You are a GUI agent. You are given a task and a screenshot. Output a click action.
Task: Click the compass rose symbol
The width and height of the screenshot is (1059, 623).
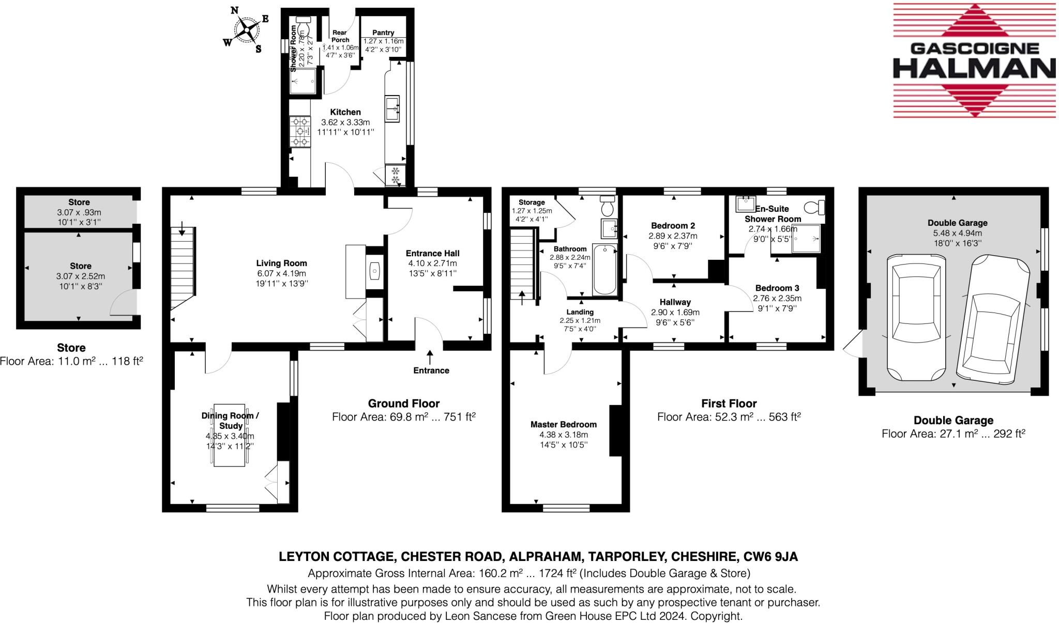[246, 29]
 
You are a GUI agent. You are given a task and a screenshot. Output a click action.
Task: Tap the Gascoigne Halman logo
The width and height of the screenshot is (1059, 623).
[974, 61]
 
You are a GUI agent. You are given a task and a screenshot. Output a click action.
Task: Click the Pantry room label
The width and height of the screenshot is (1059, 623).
[383, 33]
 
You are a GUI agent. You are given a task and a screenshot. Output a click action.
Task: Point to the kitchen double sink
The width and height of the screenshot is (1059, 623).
[392, 109]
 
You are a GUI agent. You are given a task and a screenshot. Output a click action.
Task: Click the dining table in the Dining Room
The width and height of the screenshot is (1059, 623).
[230, 435]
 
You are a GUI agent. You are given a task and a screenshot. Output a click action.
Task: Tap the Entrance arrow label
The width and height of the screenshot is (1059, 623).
[431, 370]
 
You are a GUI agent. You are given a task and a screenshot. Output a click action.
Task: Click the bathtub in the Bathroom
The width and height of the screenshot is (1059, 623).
[604, 269]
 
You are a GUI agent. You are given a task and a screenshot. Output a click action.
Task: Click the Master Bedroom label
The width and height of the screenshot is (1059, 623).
[563, 424]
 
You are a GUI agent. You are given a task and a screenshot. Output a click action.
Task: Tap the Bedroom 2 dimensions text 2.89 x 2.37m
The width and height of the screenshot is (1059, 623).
[673, 236]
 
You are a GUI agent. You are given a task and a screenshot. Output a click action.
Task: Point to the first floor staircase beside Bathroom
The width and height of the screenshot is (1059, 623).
[522, 265]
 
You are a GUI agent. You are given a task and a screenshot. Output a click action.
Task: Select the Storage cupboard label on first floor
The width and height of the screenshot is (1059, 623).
[532, 203]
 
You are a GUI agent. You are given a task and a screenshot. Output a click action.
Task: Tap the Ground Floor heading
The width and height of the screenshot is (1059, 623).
[403, 403]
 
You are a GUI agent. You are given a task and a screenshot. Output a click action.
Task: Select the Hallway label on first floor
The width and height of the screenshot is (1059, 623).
[675, 302]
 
